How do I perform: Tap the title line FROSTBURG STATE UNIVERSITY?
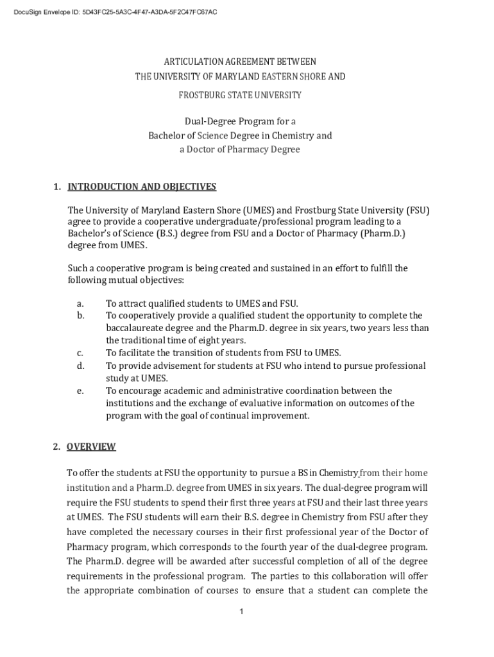point(239,95)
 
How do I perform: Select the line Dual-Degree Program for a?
point(240,121)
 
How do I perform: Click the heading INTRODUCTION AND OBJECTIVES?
point(142,187)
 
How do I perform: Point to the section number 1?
point(56,187)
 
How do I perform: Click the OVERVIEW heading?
point(91,447)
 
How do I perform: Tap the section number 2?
point(56,447)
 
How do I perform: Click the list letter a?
point(80,303)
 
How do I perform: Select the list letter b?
point(80,316)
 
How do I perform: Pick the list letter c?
point(80,353)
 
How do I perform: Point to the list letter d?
point(80,366)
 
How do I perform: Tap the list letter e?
point(80,391)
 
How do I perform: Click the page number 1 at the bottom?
point(241,611)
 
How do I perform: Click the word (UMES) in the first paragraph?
point(257,210)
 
